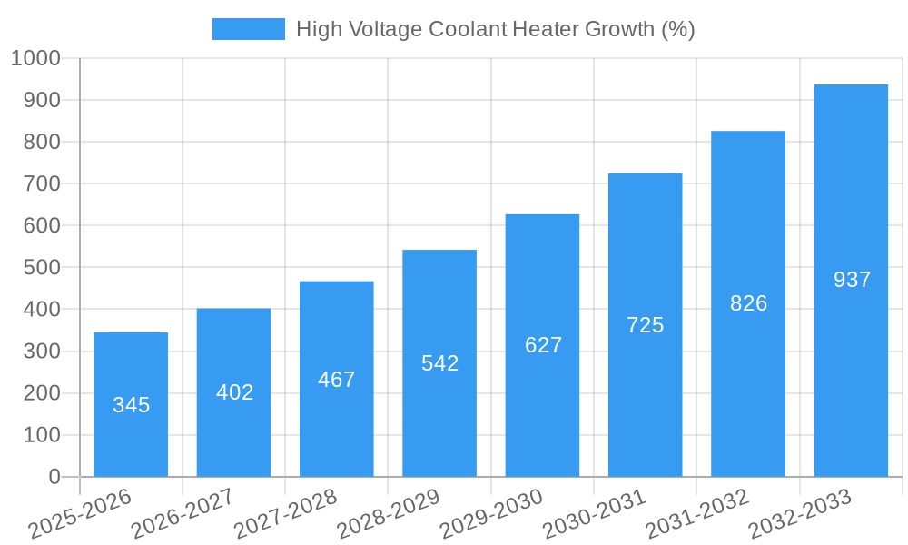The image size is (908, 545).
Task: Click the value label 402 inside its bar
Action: point(234,392)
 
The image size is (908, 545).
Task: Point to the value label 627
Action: point(543,345)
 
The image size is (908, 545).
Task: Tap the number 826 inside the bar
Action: point(748,303)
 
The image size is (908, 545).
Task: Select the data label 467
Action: point(337,380)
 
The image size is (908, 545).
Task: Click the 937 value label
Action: point(852,280)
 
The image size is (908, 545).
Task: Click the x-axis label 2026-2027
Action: point(183,514)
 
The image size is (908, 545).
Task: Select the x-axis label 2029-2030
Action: point(491,514)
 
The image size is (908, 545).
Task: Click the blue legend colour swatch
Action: point(248,29)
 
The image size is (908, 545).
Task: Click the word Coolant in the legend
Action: point(467,29)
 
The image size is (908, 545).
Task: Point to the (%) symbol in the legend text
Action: point(678,29)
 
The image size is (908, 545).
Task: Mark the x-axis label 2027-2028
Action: point(285,514)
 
